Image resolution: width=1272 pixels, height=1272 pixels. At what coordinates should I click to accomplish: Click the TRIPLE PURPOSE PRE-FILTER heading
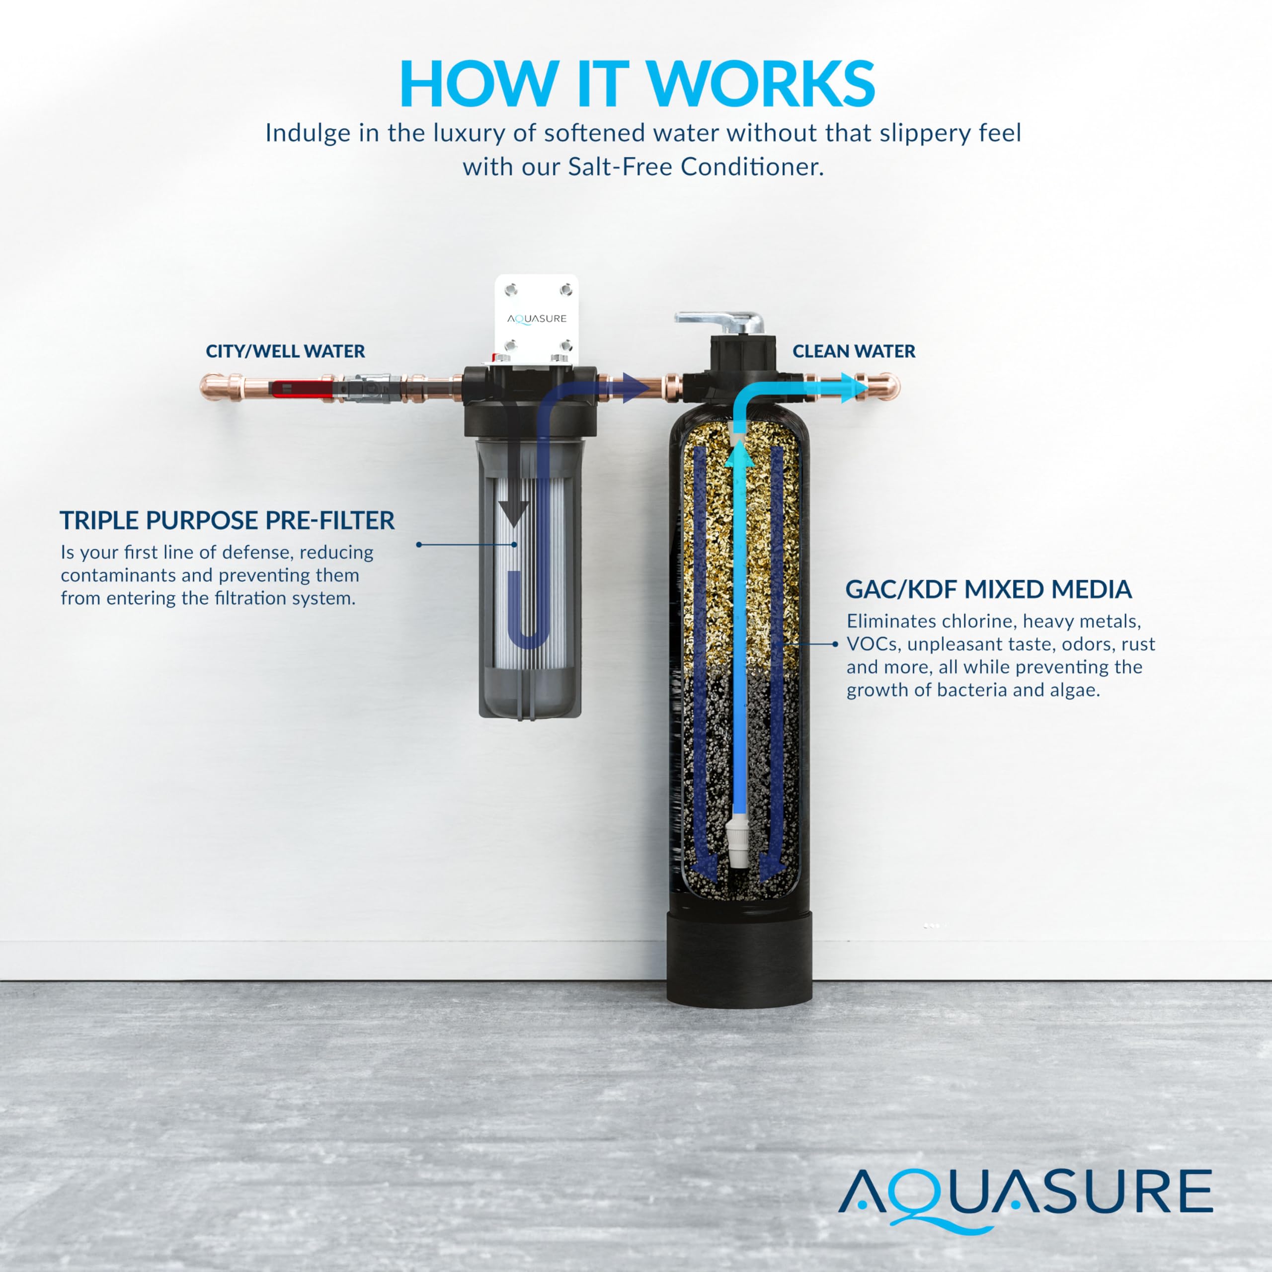[x=227, y=521]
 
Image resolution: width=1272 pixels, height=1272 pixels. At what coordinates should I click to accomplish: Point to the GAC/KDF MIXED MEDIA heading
[x=988, y=589]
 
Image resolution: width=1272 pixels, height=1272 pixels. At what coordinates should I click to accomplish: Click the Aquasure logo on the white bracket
[x=537, y=318]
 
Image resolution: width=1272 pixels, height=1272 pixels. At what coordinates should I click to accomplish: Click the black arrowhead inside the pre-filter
[x=514, y=510]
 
